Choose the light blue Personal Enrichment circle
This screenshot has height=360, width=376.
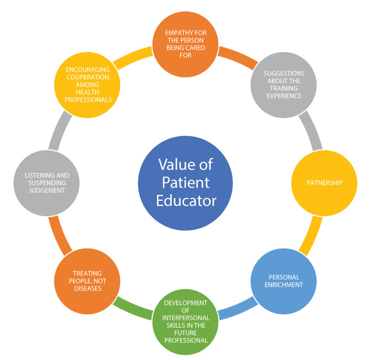284,281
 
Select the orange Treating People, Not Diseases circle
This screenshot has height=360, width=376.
87,281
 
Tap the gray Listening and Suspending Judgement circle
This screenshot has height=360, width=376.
46,183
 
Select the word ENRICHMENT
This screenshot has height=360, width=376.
284,285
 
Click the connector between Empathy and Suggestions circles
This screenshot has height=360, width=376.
237,57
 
